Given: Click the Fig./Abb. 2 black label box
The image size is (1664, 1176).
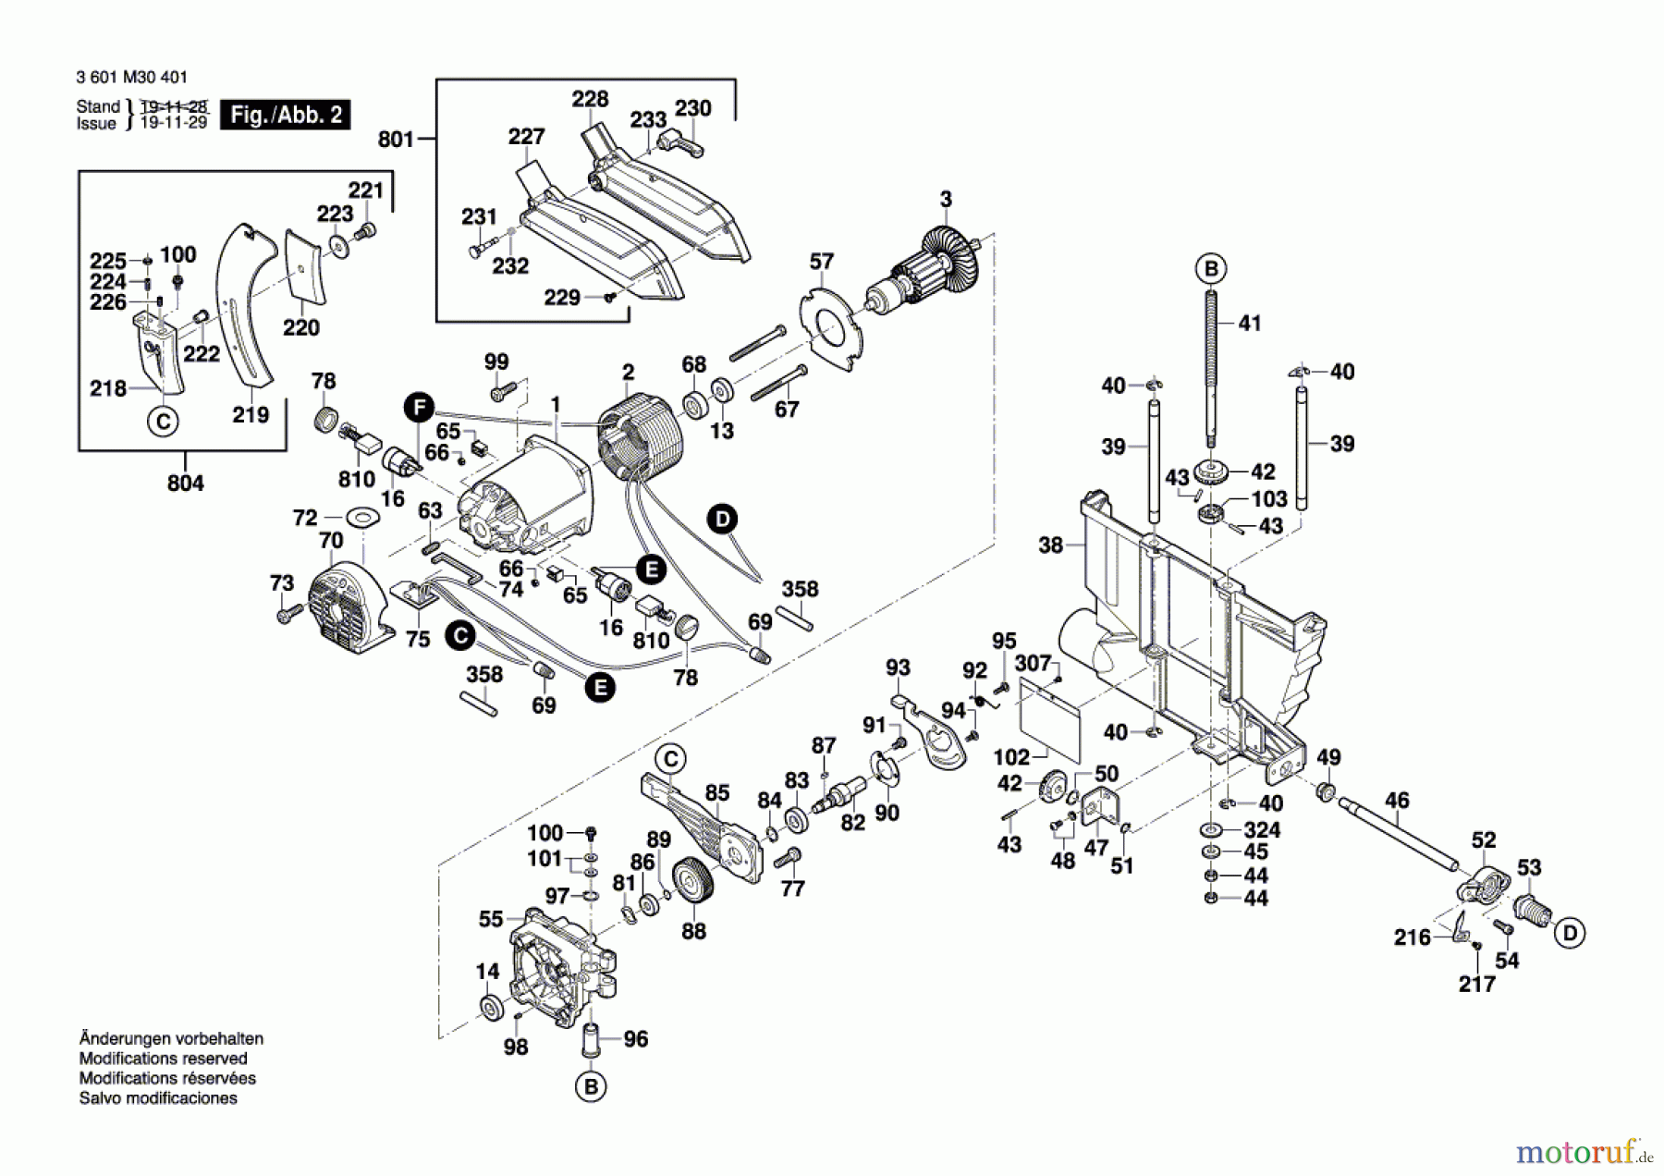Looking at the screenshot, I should (x=285, y=115).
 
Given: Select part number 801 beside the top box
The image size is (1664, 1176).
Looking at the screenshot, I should (x=396, y=140).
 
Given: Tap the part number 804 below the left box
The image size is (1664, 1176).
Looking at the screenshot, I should (x=185, y=483).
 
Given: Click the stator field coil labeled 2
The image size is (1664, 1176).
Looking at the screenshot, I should (x=640, y=442).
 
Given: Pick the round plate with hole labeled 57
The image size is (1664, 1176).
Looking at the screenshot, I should (x=832, y=327).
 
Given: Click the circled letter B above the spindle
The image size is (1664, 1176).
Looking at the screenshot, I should (x=1211, y=269).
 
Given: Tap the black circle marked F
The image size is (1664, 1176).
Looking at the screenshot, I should (x=419, y=407).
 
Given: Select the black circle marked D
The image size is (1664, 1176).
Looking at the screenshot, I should (x=722, y=519).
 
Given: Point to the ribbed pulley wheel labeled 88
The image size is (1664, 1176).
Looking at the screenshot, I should (x=693, y=885).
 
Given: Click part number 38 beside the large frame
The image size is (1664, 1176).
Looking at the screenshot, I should (x=1050, y=545).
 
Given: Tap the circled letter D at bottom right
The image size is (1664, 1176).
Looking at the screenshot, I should (x=1570, y=933).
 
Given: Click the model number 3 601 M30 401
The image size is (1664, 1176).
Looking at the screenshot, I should (x=131, y=79).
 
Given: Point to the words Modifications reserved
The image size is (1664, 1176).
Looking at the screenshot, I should (x=163, y=1059).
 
